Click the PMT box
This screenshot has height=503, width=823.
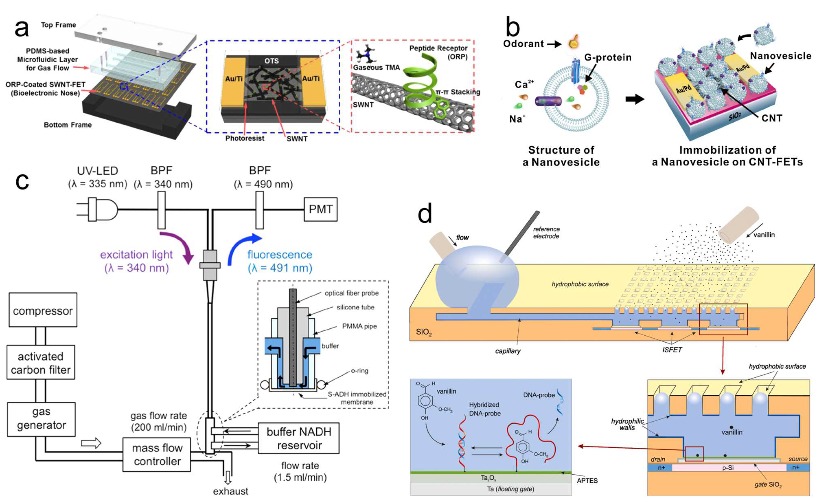point(320,209)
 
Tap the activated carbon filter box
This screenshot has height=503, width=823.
point(41,363)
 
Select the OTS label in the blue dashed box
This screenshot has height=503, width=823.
point(271,61)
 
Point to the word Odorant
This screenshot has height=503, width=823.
point(523,44)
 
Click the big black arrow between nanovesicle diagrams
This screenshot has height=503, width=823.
point(635,99)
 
